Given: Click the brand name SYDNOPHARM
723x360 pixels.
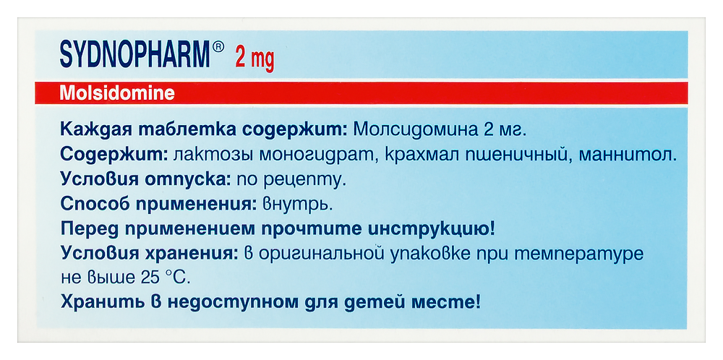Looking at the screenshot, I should (134, 56).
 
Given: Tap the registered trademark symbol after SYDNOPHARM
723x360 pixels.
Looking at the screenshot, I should (218, 49).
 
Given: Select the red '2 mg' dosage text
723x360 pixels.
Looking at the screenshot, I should (254, 59).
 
